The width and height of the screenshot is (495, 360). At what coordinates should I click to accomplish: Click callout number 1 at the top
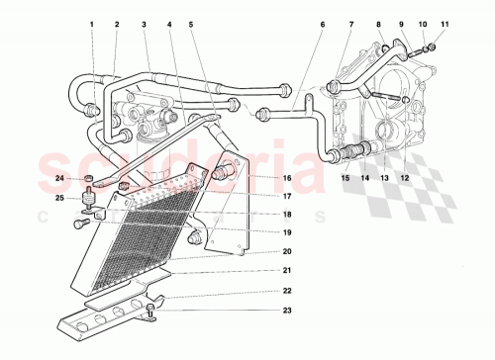(90, 23)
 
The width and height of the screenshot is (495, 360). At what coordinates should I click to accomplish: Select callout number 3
(145, 23)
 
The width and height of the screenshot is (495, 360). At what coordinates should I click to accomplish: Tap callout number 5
(192, 23)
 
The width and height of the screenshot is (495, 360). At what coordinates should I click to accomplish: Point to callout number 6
(322, 23)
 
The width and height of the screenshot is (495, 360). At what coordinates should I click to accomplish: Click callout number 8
(378, 23)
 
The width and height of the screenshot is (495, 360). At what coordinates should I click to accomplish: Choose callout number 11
(445, 23)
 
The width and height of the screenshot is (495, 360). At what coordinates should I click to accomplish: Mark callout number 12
(403, 178)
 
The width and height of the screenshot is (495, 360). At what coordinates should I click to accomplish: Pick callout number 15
(346, 178)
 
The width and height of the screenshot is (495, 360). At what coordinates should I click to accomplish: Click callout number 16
(286, 178)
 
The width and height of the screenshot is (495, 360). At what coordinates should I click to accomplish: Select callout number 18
(286, 215)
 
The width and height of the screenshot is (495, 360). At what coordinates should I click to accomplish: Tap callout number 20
(286, 252)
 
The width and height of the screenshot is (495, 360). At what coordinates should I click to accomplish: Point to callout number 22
(286, 291)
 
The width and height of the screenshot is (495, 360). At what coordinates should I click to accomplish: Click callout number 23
(286, 312)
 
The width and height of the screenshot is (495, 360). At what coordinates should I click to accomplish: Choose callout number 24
(59, 179)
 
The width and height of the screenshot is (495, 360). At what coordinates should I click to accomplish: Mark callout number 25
(59, 199)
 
